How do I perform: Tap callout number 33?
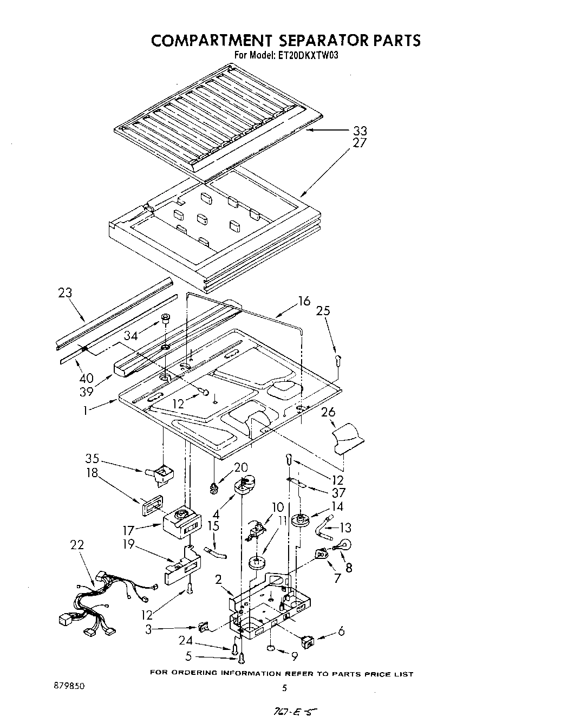pyautogui.click(x=360, y=131)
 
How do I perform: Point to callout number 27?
pyautogui.click(x=360, y=143)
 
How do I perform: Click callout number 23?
pyautogui.click(x=64, y=293)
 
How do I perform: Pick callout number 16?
pyautogui.click(x=304, y=301)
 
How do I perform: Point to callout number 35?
pyautogui.click(x=92, y=459)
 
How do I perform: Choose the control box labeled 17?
pyautogui.click(x=181, y=521)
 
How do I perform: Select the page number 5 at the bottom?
pyautogui.click(x=284, y=688)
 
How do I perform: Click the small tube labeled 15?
pyautogui.click(x=216, y=553)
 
